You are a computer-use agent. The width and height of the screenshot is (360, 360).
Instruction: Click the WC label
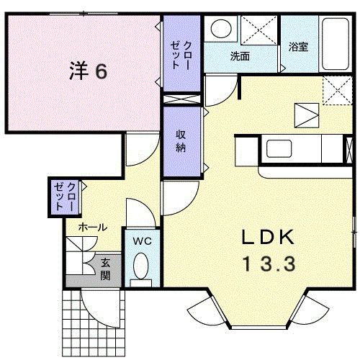tap(142, 241)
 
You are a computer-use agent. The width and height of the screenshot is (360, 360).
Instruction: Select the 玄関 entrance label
tap(106, 268)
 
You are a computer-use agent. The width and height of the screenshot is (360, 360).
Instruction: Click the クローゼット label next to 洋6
tap(181, 51)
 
